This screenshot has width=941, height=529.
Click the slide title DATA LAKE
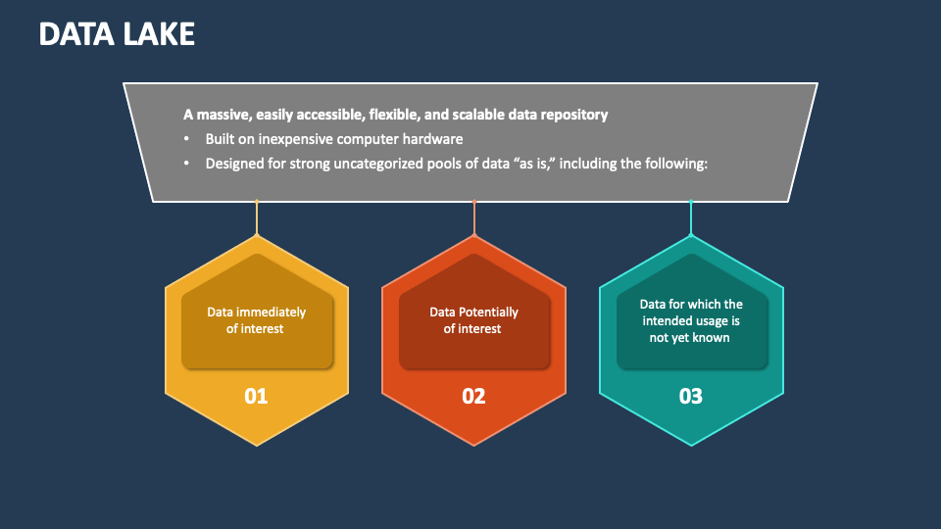click(117, 34)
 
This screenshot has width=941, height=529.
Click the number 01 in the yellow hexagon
click(256, 397)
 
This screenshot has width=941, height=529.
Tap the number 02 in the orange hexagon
click(473, 397)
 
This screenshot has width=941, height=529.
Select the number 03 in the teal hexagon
click(691, 397)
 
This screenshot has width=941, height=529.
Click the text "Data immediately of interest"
click(256, 320)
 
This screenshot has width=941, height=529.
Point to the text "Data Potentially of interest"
click(473, 320)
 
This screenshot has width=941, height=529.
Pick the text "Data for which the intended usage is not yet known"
click(691, 320)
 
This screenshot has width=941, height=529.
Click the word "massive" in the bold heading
click(221, 115)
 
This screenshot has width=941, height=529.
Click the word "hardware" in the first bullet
click(430, 139)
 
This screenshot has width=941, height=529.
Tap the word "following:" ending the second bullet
click(674, 164)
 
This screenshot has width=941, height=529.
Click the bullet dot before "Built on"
click(186, 139)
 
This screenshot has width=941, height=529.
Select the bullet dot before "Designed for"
click(186, 164)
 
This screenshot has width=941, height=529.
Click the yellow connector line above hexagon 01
click(257, 218)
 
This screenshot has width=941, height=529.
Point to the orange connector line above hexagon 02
click(474, 218)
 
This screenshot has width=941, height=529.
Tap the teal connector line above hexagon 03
click(691, 218)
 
